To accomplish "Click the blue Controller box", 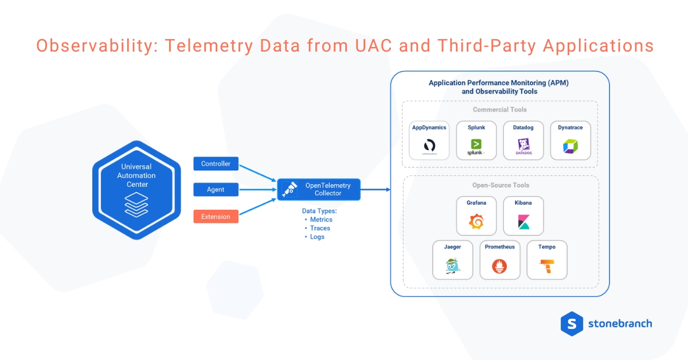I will [x=216, y=164].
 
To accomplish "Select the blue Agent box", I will [x=216, y=189].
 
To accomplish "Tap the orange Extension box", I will [x=216, y=217].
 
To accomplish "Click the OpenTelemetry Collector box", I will [x=319, y=189].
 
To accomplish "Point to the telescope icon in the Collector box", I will [x=290, y=189].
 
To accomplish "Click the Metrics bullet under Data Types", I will [x=320, y=220].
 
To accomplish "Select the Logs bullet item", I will [x=316, y=237].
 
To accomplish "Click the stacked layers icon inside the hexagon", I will [x=136, y=205].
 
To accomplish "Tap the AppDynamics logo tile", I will [x=429, y=140].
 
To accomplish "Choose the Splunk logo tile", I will [x=476, y=140].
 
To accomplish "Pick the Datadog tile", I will [x=523, y=140].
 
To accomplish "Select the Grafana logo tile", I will [x=476, y=216].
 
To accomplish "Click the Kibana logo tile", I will [x=523, y=216].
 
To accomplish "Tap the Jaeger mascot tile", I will [x=452, y=260].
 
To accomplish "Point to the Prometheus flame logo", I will [x=499, y=265].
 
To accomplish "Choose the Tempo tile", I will [x=546, y=260].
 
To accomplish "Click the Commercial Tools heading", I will [x=499, y=109].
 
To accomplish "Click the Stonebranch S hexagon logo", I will [x=571, y=323].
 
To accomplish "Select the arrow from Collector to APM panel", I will [x=375, y=189].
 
